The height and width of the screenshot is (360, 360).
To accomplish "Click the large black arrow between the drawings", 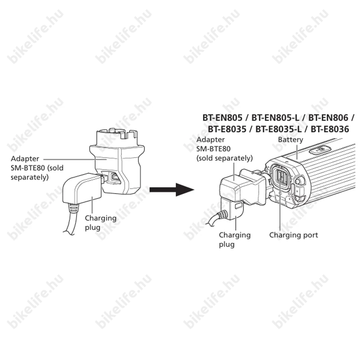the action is (x=172, y=189).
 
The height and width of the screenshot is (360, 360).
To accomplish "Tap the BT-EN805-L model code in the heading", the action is (x=275, y=118).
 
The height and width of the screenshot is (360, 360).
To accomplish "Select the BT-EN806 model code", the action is (x=328, y=118).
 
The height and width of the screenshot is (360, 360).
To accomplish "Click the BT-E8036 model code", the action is (x=330, y=129).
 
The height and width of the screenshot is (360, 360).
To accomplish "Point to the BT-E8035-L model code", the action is (x=278, y=129).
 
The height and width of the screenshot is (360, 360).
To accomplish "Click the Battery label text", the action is (x=290, y=139).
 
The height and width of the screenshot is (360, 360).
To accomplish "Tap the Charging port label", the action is (x=294, y=235).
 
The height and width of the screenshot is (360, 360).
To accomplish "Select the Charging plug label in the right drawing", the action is (x=234, y=239).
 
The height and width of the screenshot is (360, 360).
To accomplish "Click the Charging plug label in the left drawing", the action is (x=100, y=223).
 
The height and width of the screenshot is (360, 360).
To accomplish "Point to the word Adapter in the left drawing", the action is (x=25, y=159).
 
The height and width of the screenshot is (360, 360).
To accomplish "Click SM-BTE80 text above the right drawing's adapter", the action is (x=213, y=149).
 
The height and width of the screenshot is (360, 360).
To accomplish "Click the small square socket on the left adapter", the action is (x=115, y=177).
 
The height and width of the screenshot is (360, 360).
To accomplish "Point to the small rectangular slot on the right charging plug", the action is (x=238, y=205).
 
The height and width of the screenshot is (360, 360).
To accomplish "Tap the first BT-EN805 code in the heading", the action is (x=222, y=118).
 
